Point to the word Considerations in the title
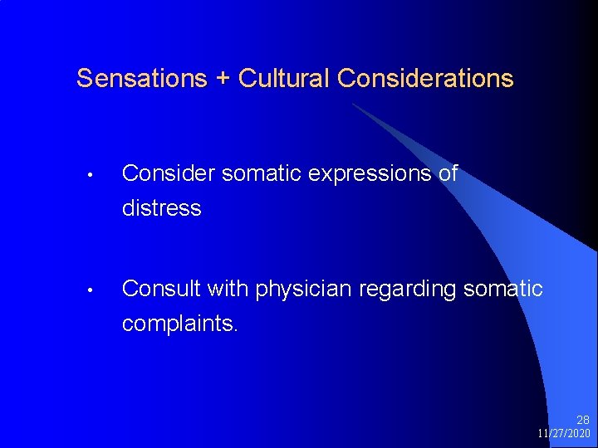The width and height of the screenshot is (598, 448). click(x=426, y=79)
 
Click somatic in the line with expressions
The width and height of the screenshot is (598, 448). click(x=246, y=173)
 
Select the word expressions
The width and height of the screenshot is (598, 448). click(x=362, y=175)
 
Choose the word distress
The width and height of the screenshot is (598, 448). click(x=161, y=208)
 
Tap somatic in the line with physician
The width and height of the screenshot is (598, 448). click(x=504, y=289)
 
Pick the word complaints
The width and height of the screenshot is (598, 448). click(x=179, y=324)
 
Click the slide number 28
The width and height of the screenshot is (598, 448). click(x=583, y=420)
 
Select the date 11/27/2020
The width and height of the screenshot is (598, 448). click(x=563, y=434)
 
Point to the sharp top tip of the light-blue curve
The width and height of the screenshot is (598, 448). click(x=352, y=104)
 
